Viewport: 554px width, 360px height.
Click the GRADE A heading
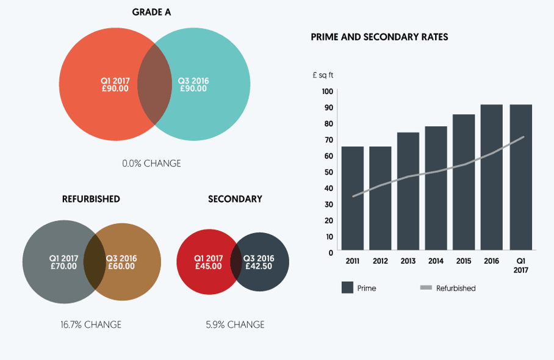pyautogui.click(x=152, y=12)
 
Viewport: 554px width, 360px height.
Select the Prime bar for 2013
pyautogui.click(x=408, y=192)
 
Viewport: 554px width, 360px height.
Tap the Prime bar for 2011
pyautogui.click(x=353, y=199)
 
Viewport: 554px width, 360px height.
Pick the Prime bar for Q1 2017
pyautogui.click(x=521, y=178)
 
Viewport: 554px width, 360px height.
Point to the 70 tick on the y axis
pyautogui.click(x=328, y=140)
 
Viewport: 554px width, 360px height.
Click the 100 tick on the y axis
pyautogui.click(x=327, y=92)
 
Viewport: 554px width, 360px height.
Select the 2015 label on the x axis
pyautogui.click(x=464, y=261)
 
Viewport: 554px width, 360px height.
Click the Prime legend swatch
pyautogui.click(x=348, y=288)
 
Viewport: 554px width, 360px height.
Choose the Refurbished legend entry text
pyautogui.click(x=456, y=288)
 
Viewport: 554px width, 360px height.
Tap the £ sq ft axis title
pyautogui.click(x=323, y=75)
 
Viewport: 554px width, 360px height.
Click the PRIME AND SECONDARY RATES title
pyautogui.click(x=380, y=37)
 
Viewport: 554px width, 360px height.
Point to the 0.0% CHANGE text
pyautogui.click(x=152, y=164)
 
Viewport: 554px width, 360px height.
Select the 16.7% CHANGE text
pyautogui.click(x=91, y=325)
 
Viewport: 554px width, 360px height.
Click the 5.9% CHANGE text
pyautogui.click(x=235, y=325)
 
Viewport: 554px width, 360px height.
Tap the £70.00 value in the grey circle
pyautogui.click(x=63, y=266)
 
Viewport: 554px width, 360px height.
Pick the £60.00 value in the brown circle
pyautogui.click(x=121, y=266)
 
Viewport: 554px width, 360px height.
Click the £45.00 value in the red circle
pyautogui.click(x=208, y=266)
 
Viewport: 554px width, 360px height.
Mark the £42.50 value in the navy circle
pyautogui.click(x=259, y=266)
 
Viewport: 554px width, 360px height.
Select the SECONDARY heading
pyautogui.click(x=235, y=199)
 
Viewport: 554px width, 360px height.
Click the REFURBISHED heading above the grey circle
pyautogui.click(x=91, y=199)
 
